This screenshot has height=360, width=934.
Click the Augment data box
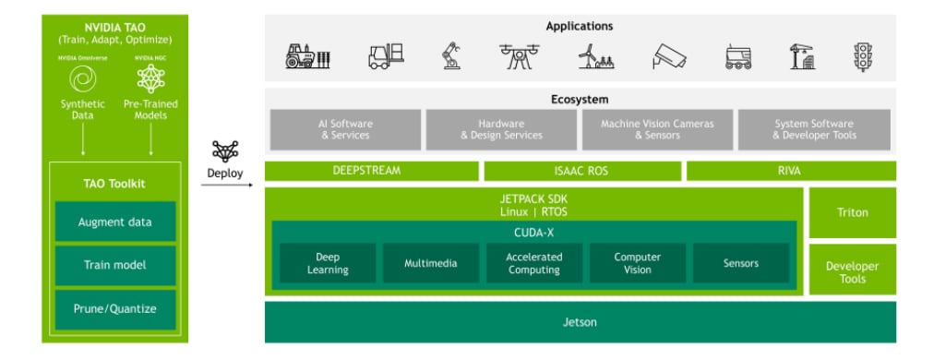114,222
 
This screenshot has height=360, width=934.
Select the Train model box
114,265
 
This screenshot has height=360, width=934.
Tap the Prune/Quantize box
114,308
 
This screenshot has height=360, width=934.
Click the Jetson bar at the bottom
580,322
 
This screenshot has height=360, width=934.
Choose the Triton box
852,212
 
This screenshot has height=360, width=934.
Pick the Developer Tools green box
852,271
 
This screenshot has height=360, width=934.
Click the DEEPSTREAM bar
372,171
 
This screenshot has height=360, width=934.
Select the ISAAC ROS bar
582,171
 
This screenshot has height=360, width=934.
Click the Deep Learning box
328,263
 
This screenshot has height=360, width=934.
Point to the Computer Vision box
637,263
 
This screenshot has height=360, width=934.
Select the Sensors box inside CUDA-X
740,263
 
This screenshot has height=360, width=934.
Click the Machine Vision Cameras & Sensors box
657,129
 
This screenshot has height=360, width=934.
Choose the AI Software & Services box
345,129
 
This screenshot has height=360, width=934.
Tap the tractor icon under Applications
307,57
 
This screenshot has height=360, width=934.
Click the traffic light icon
863,56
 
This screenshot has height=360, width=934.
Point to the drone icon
520,56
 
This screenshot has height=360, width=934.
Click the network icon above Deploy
225,151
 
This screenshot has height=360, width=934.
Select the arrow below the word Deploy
227,185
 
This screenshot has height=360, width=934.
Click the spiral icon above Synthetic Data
82,81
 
